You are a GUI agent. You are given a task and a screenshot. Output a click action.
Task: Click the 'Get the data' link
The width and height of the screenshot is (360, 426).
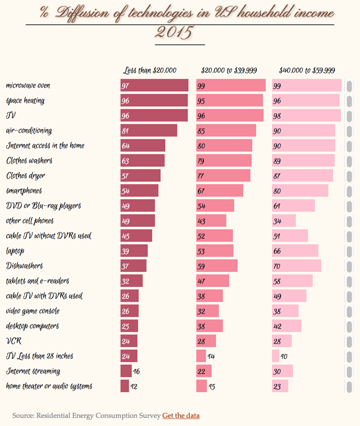[x=181, y=415]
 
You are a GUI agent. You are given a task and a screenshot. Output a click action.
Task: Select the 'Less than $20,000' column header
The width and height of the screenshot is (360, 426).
[x=150, y=70]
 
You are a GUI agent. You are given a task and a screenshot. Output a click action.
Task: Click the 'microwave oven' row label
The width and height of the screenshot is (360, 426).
[x=28, y=85]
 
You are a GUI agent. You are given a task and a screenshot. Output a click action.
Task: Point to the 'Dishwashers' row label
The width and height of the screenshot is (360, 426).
[x=24, y=266]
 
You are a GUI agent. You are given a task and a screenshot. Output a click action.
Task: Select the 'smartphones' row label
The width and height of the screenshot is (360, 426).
[x=24, y=190]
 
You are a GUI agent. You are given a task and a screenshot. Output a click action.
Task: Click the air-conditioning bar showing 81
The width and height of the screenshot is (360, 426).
[x=149, y=130]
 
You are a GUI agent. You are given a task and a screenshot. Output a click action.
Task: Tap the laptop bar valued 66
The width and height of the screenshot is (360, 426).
[x=295, y=251]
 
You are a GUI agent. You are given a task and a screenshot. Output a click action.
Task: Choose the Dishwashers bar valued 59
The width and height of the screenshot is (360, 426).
[x=217, y=266]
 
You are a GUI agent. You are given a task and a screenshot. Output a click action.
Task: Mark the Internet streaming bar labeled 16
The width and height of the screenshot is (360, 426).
[x=126, y=371]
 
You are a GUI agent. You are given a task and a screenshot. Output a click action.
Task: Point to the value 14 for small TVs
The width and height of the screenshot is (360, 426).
[x=211, y=356]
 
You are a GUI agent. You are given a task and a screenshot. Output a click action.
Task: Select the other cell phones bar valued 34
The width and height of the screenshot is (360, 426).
[x=283, y=221]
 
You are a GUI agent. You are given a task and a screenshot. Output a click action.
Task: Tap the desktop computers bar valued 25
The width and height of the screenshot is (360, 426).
[x=129, y=326]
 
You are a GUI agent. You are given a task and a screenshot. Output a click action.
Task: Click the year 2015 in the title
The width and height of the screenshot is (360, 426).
[x=174, y=33]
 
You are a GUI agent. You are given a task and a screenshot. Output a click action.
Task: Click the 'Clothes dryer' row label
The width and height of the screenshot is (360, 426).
[x=26, y=175]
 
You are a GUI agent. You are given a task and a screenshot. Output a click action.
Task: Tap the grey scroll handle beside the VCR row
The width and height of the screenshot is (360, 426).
[x=349, y=341]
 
